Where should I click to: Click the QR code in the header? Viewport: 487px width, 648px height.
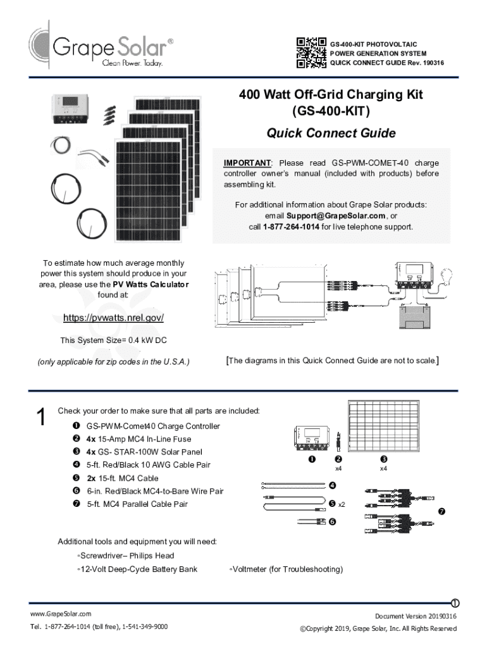coord(311,53)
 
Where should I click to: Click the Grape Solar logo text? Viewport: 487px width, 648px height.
coord(110,47)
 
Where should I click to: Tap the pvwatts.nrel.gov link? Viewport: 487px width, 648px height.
coord(114,318)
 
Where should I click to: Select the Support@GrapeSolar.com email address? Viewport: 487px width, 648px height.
coord(336,216)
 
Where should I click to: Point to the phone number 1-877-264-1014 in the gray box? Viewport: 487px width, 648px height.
coord(291,227)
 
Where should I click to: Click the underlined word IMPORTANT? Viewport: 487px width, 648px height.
coord(247,163)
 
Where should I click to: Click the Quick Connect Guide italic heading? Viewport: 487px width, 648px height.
coord(331,133)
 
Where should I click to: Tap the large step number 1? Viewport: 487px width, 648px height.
coord(41,416)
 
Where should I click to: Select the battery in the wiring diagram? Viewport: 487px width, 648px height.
coord(414,317)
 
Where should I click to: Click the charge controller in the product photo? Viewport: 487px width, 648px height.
coord(70,109)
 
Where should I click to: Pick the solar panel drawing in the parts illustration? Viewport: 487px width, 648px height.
coord(384,426)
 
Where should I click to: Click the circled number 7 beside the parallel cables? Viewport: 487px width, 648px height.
coord(441,511)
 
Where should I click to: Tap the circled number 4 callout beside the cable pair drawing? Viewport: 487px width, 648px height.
coord(332,485)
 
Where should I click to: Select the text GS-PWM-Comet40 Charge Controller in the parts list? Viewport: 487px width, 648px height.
coord(153,426)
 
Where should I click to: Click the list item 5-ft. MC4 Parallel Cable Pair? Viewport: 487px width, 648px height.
coord(137,504)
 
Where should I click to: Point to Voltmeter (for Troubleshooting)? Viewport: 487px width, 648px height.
coord(288,570)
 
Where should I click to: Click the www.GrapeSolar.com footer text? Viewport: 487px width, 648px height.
coord(61,614)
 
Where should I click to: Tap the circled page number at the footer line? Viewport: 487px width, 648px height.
coord(455,603)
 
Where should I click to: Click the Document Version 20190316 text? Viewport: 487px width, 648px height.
coord(416,616)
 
